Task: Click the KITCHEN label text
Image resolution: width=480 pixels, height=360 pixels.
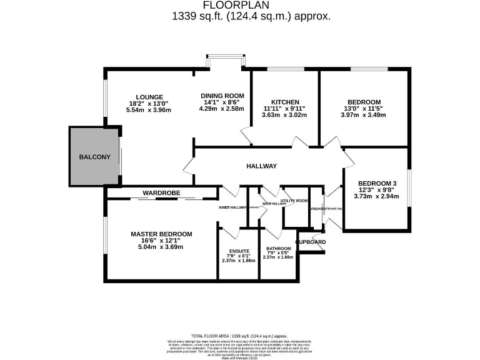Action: pos(285,102)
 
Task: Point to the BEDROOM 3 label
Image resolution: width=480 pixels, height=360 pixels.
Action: pos(377,182)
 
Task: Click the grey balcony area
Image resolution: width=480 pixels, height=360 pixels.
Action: pos(94,156)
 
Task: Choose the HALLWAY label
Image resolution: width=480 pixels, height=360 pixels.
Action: pos(261,166)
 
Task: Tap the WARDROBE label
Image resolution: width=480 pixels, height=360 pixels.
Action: pos(161,193)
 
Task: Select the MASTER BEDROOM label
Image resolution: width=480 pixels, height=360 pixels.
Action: pos(161,234)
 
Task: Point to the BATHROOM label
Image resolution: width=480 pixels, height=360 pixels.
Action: pos(278,249)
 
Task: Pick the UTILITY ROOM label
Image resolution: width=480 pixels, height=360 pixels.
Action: pos(294,201)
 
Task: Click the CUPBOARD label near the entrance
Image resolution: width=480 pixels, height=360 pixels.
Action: pos(311,242)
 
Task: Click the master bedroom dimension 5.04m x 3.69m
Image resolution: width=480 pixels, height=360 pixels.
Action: pos(161,247)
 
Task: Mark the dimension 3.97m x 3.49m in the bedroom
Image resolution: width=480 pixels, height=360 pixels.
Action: pos(364,115)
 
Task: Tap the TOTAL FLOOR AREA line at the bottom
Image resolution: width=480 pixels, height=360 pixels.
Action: pos(239,336)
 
